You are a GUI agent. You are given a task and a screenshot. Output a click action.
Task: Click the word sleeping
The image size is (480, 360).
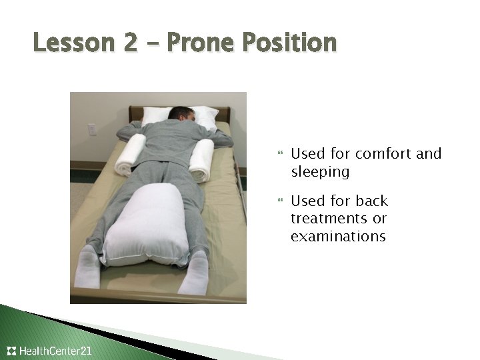click(320, 172)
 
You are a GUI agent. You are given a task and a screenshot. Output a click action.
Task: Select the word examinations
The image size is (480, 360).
click(338, 237)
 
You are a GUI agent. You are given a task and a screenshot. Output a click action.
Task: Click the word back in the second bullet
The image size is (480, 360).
click(371, 201)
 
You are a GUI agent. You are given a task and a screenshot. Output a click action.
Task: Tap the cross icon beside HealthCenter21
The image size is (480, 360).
click(11, 351)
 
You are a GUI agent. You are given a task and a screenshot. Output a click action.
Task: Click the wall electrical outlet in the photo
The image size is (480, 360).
click(92, 129)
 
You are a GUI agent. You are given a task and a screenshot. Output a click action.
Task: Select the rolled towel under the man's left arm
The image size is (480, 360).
click(131, 155)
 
